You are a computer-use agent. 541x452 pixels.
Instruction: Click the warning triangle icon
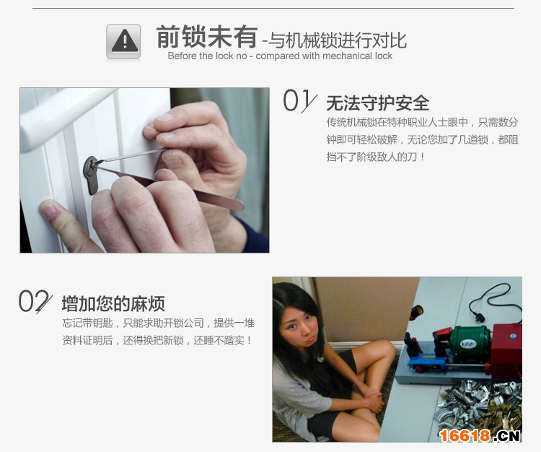[123, 41]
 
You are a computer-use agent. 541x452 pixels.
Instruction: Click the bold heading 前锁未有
[207, 37]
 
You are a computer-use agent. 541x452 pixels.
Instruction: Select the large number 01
[299, 101]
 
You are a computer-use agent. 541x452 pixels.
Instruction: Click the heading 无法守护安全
[378, 103]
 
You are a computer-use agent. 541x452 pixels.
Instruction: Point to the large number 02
[35, 301]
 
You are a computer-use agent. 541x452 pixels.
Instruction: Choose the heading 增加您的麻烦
[113, 303]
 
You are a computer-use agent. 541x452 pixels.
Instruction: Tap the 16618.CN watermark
[480, 435]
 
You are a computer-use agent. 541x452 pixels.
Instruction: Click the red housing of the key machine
[506, 349]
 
